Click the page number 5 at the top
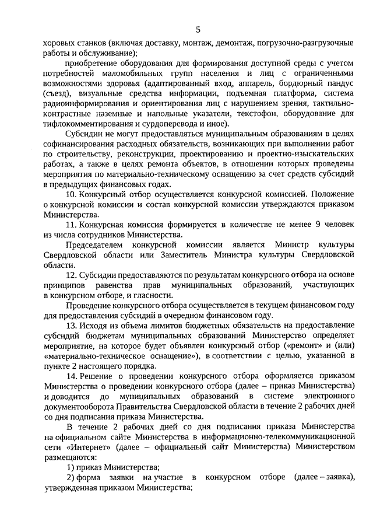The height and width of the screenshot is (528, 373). tap(198, 30)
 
